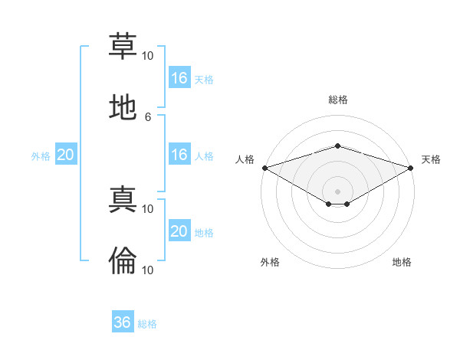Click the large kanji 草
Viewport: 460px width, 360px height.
[x=123, y=46]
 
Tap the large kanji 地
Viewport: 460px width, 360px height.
[x=123, y=107]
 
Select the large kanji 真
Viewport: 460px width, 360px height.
[x=123, y=199]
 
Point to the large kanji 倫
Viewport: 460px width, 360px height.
[x=123, y=260]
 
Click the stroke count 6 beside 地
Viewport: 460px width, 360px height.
[x=148, y=117]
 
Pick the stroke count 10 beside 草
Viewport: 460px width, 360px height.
[x=147, y=56]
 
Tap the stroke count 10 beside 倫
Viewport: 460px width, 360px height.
[x=147, y=270]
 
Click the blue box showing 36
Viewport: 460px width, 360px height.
[x=123, y=321]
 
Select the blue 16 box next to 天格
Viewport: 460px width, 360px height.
[x=179, y=77]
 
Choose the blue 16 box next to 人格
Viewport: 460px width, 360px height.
[x=179, y=154]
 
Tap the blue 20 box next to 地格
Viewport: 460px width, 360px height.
[x=179, y=230]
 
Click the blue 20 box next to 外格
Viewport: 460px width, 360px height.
[x=66, y=154]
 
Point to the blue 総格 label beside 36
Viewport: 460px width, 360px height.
[x=147, y=324]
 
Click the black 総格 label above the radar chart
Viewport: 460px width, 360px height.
[x=338, y=100]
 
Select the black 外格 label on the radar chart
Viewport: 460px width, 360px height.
[x=270, y=262]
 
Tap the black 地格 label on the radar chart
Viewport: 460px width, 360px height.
[x=402, y=262]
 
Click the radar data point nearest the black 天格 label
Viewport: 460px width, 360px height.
[x=411, y=168]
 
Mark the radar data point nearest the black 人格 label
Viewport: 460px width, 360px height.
[x=265, y=168]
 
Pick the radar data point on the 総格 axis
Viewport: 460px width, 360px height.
[x=337, y=146]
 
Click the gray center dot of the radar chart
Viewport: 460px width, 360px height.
[x=337, y=191]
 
